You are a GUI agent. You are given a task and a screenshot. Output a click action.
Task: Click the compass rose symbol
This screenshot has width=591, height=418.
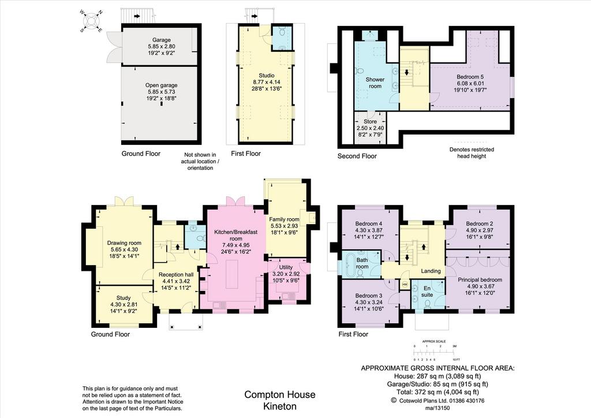pyautogui.click(x=91, y=21)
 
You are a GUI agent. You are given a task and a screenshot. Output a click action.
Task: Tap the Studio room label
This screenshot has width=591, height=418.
pyautogui.click(x=267, y=76)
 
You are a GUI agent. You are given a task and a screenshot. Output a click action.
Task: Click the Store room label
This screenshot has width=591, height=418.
pyautogui.click(x=370, y=122)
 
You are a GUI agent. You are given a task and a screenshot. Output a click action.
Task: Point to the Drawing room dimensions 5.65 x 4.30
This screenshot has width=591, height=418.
pyautogui.click(x=124, y=249)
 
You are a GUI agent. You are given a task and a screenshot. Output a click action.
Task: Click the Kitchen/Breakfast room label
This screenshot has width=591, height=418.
pyautogui.click(x=236, y=235)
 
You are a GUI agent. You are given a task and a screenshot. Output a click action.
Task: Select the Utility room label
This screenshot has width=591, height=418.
pyautogui.click(x=286, y=267)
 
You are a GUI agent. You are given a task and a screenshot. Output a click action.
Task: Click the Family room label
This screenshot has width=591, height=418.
pyautogui.click(x=284, y=219)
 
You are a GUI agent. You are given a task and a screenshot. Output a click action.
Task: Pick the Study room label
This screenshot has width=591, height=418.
pyautogui.click(x=124, y=298)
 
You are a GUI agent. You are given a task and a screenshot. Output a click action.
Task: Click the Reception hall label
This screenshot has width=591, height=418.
pyautogui.click(x=176, y=275)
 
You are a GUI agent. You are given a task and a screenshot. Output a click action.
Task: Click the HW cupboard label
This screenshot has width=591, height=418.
pyautogui.click(x=405, y=284)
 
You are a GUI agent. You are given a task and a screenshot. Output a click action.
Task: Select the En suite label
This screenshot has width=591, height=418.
pyautogui.click(x=427, y=292)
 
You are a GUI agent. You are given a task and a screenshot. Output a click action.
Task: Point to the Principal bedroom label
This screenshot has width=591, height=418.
pyautogui.click(x=480, y=279)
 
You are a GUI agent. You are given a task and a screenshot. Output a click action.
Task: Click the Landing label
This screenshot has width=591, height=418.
pyautogui.click(x=431, y=271)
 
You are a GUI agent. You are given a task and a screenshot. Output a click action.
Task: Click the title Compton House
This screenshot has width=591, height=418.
pyautogui.click(x=280, y=395)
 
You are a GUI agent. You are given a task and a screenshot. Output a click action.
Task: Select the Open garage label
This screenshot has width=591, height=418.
pyautogui.click(x=162, y=85)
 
